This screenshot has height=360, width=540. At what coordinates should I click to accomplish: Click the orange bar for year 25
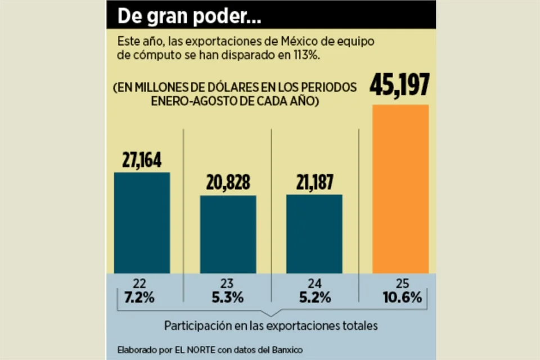(x=400, y=188)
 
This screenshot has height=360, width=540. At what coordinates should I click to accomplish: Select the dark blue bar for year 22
(x=142, y=222)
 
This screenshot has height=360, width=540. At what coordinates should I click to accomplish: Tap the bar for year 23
(x=228, y=234)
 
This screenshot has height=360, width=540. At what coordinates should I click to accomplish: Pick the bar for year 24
(x=314, y=233)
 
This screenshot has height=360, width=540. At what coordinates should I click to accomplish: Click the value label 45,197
(x=400, y=85)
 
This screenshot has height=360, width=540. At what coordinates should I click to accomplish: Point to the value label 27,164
(x=142, y=160)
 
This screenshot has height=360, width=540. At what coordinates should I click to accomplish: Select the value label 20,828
(x=228, y=183)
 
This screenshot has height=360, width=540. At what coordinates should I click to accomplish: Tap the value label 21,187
(x=314, y=182)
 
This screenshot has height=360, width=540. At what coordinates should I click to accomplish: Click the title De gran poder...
(x=189, y=17)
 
